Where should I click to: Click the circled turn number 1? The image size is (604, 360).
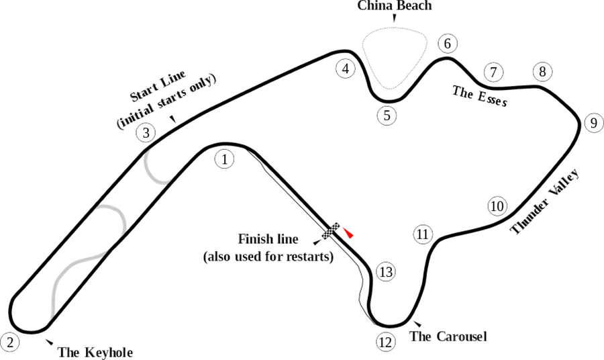[x=225, y=159]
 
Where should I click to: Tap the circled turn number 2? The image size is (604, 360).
[x=10, y=343]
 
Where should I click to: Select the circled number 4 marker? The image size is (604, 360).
[x=346, y=69]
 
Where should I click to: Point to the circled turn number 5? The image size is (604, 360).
[x=387, y=116]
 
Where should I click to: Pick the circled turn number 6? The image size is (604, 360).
[x=447, y=44]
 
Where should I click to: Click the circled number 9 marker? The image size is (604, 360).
[x=594, y=123]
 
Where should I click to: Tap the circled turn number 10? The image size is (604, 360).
[x=497, y=206]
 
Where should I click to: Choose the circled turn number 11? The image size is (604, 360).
[x=423, y=234]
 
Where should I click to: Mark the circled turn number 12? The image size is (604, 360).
[x=385, y=343]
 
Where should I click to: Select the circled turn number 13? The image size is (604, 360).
[x=386, y=272]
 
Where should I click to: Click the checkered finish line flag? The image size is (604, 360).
[x=332, y=230]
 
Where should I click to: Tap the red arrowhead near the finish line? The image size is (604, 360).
[x=348, y=233]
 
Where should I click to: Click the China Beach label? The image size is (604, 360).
[x=395, y=5]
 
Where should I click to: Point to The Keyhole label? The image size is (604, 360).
[x=95, y=353]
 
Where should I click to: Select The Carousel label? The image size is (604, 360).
[x=448, y=336]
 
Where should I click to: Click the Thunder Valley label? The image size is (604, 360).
[x=545, y=201]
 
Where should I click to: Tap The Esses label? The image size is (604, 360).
[x=480, y=95]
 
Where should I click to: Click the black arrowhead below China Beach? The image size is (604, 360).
[x=394, y=18]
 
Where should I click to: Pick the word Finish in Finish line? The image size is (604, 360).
[x=254, y=239]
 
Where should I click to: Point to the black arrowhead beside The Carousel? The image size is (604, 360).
[x=417, y=324]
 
